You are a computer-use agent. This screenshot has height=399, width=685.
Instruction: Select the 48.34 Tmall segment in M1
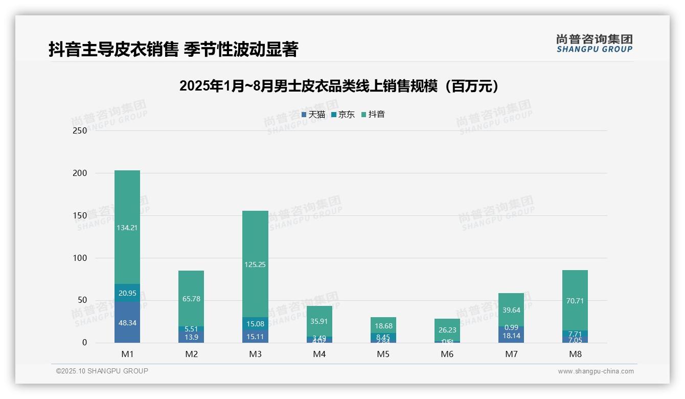pos(127,322)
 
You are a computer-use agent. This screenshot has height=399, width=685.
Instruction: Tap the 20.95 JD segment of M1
pos(127,293)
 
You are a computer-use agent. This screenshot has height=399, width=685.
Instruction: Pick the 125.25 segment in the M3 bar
pos(256,264)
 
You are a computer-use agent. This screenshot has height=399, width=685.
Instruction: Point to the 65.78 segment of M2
pos(191,298)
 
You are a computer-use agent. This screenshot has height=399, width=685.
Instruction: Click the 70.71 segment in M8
pos(575,300)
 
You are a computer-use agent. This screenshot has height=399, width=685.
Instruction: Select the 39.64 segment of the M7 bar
pos(511,309)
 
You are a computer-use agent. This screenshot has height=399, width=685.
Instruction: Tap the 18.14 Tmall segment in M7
pos(511,335)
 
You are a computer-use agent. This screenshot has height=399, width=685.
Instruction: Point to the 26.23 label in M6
pos(447,330)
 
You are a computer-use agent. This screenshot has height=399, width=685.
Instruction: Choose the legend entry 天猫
pos(313,115)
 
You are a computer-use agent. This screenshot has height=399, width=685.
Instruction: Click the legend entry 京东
pos(343,115)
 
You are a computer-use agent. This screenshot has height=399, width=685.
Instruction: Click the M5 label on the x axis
pos(383,354)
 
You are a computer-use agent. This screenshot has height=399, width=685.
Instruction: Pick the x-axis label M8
pos(575,354)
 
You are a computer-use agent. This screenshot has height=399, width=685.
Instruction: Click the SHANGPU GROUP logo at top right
pos(594,43)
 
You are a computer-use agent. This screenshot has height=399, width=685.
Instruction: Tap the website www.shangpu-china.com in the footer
pos(596,371)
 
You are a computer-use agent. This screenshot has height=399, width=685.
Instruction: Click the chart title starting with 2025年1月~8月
pos(339,86)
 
